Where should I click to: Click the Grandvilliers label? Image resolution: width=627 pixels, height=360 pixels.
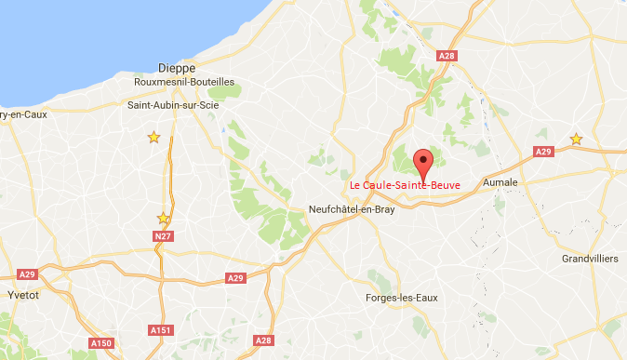pyautogui.click(x=591, y=260)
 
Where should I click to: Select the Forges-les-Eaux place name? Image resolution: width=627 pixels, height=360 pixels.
pyautogui.click(x=402, y=298)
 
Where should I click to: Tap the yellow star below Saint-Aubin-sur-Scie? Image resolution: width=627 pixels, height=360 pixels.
pyautogui.click(x=153, y=138)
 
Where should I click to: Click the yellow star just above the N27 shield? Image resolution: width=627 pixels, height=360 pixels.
pyautogui.click(x=164, y=219)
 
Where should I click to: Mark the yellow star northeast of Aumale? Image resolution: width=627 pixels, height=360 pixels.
pyautogui.click(x=576, y=140)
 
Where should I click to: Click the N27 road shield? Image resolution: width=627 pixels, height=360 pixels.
pyautogui.click(x=164, y=236)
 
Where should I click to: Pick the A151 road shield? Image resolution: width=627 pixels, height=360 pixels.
pyautogui.click(x=160, y=329)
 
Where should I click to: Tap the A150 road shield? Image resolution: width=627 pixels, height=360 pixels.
pyautogui.click(x=102, y=344)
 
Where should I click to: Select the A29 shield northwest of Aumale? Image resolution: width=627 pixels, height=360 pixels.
pyautogui.click(x=543, y=152)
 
